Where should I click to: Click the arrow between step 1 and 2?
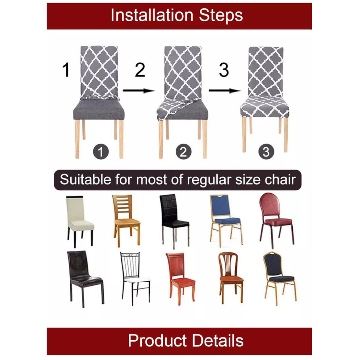138,91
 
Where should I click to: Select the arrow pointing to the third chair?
224,91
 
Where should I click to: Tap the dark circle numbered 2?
183,152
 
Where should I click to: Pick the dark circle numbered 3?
266,152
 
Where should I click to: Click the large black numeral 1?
66,70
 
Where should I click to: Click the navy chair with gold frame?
279,275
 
